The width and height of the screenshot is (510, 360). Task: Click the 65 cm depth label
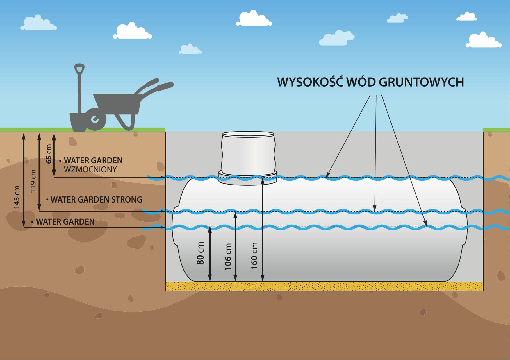click(x=49, y=154)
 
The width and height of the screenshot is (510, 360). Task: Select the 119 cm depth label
click(x=33, y=181)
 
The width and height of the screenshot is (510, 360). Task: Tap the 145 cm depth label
click(x=17, y=197)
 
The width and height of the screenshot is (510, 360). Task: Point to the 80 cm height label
click(x=200, y=253)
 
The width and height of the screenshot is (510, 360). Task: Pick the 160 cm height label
click(x=254, y=256)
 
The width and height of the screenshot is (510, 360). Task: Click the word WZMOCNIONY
click(x=90, y=170)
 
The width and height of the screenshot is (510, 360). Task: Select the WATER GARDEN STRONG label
click(x=96, y=200)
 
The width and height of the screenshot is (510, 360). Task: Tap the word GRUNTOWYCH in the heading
click(x=421, y=82)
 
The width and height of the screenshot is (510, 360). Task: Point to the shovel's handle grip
click(x=79, y=69)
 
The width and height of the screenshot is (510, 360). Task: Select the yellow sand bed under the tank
click(x=324, y=286)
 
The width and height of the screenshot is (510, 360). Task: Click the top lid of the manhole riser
click(x=248, y=134)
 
